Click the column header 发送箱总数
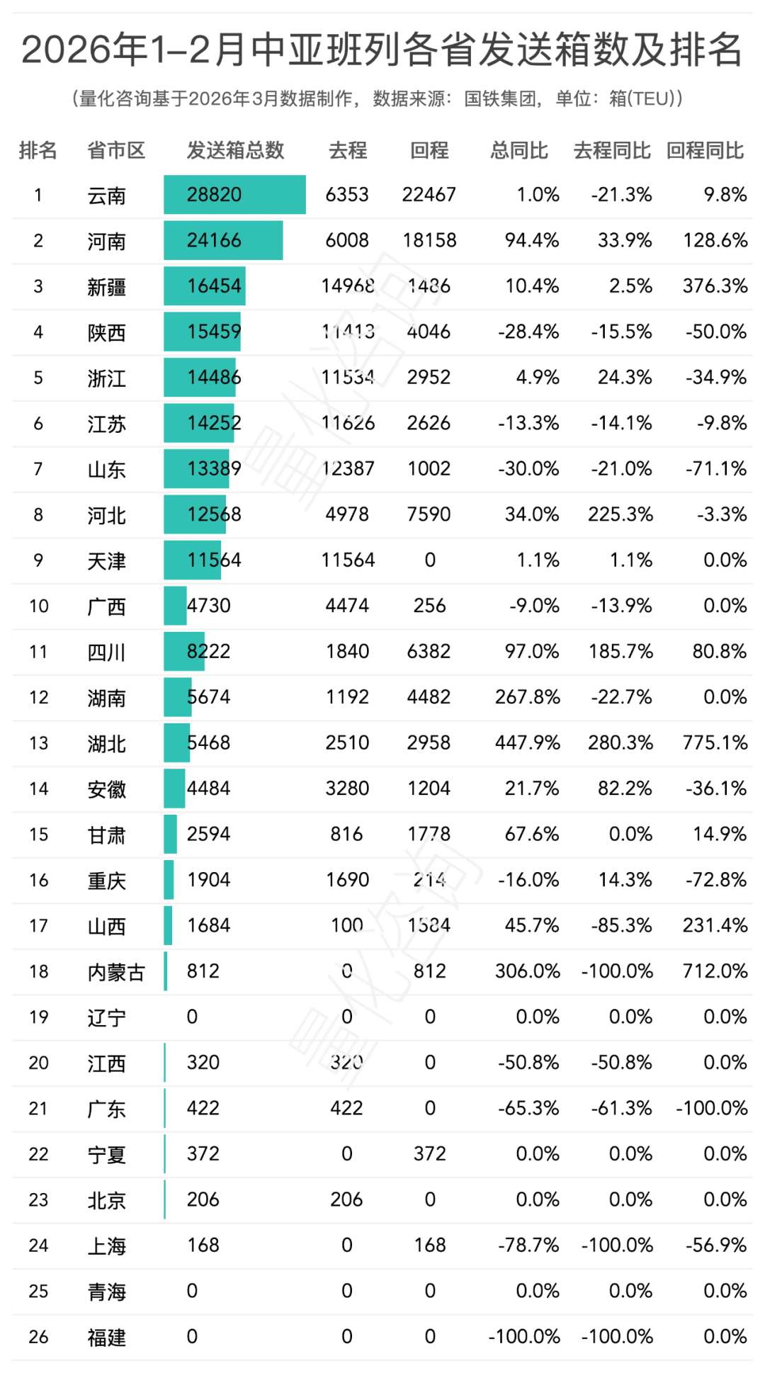(x=235, y=150)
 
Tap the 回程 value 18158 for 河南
(x=429, y=240)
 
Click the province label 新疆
(x=106, y=287)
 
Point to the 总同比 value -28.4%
(x=528, y=332)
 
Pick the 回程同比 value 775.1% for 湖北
(x=715, y=742)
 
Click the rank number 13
(x=38, y=743)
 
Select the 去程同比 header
(x=612, y=150)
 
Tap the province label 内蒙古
(x=116, y=972)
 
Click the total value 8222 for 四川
(x=208, y=651)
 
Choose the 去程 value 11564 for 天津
(x=347, y=560)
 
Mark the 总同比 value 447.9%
(x=527, y=742)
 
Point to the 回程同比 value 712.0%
(x=715, y=971)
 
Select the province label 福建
(x=106, y=1338)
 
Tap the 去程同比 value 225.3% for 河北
(x=620, y=514)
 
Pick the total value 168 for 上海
(x=203, y=1245)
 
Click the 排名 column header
(x=38, y=150)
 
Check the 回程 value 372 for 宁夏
(x=430, y=1154)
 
